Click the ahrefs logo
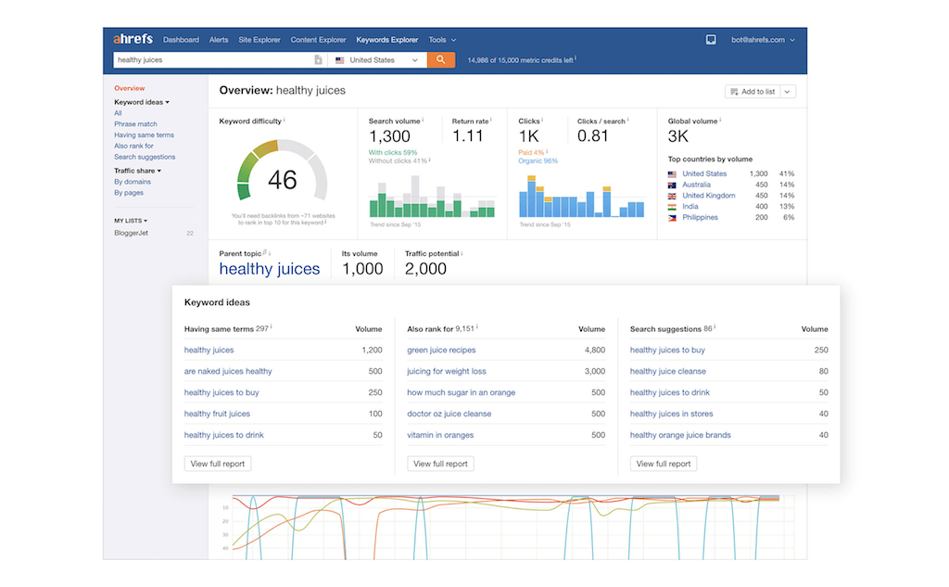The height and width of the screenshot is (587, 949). tap(133, 40)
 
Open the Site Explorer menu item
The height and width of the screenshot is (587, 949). tap(259, 40)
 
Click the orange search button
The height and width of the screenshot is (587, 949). tap(440, 60)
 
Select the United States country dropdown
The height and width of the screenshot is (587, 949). tap(376, 60)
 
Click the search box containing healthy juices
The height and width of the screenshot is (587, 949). tap(213, 60)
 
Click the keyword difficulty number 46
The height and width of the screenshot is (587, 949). tap(282, 179)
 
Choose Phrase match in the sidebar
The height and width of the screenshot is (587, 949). tap(135, 124)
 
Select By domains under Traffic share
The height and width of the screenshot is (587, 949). tap(133, 182)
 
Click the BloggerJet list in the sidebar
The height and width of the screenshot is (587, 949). tap(131, 233)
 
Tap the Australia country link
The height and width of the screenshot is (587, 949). tap(696, 185)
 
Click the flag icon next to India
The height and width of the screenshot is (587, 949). tap(673, 207)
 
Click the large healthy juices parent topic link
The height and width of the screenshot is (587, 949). tap(269, 269)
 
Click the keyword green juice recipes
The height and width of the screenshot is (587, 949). tap(441, 351)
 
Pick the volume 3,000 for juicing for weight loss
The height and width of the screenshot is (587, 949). tap(594, 372)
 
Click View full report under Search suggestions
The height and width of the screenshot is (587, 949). tap(663, 464)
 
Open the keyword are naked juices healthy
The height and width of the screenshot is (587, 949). tap(228, 372)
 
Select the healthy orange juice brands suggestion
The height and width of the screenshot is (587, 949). tap(680, 435)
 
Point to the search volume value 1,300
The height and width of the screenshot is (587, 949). tap(388, 136)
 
